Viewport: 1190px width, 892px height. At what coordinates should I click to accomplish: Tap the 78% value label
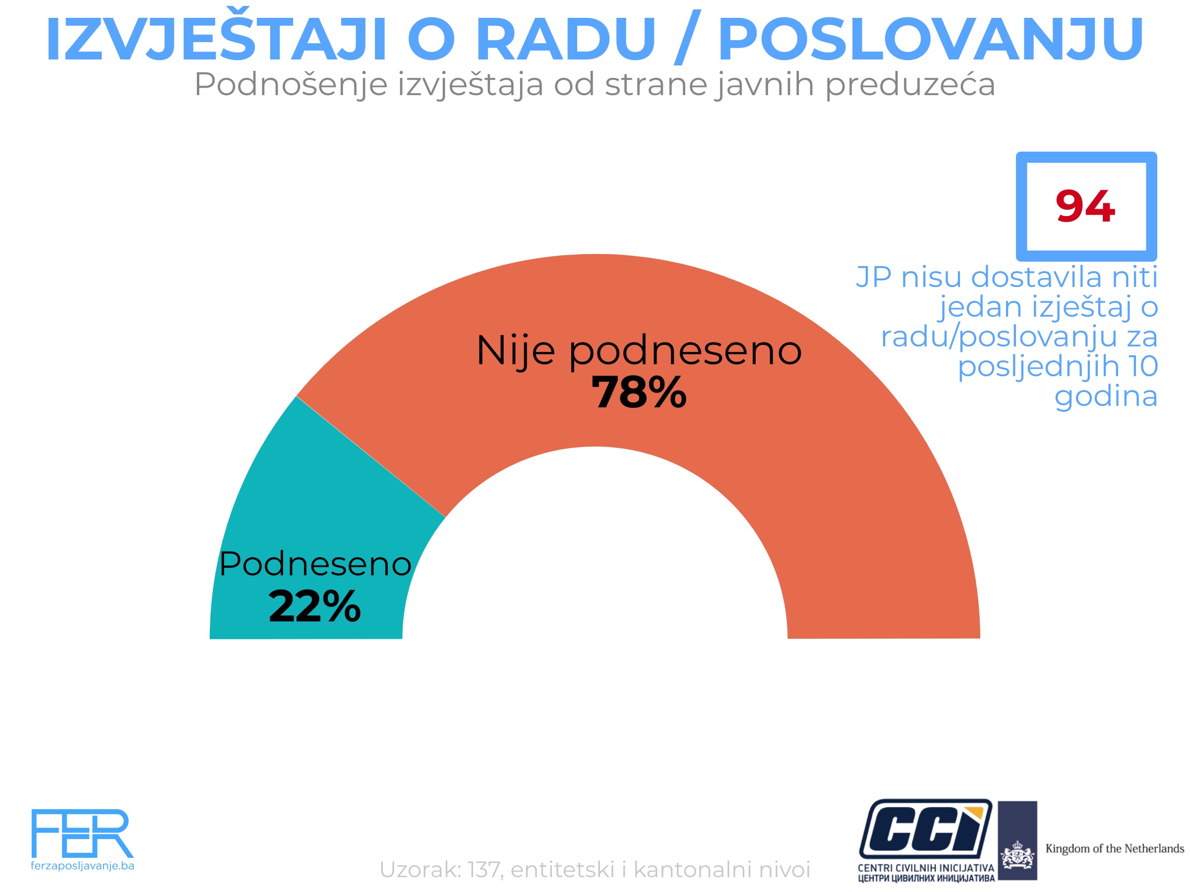(639, 392)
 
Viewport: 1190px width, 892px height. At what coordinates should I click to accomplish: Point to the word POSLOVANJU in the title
(931, 39)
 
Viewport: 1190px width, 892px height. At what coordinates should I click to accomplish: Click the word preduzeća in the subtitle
(910, 84)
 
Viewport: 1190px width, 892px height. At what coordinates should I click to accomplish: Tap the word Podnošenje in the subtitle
(291, 84)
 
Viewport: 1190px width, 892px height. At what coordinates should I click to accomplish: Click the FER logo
(82, 833)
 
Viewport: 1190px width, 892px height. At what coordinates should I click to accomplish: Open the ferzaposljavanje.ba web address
(82, 866)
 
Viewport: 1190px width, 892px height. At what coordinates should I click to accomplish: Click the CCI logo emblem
(925, 829)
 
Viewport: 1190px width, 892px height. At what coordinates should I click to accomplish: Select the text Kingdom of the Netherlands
(1114, 848)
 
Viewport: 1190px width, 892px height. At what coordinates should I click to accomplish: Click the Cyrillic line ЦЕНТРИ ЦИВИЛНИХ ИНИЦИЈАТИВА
(926, 879)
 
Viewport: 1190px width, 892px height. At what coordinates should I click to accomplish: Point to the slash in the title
(687, 38)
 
